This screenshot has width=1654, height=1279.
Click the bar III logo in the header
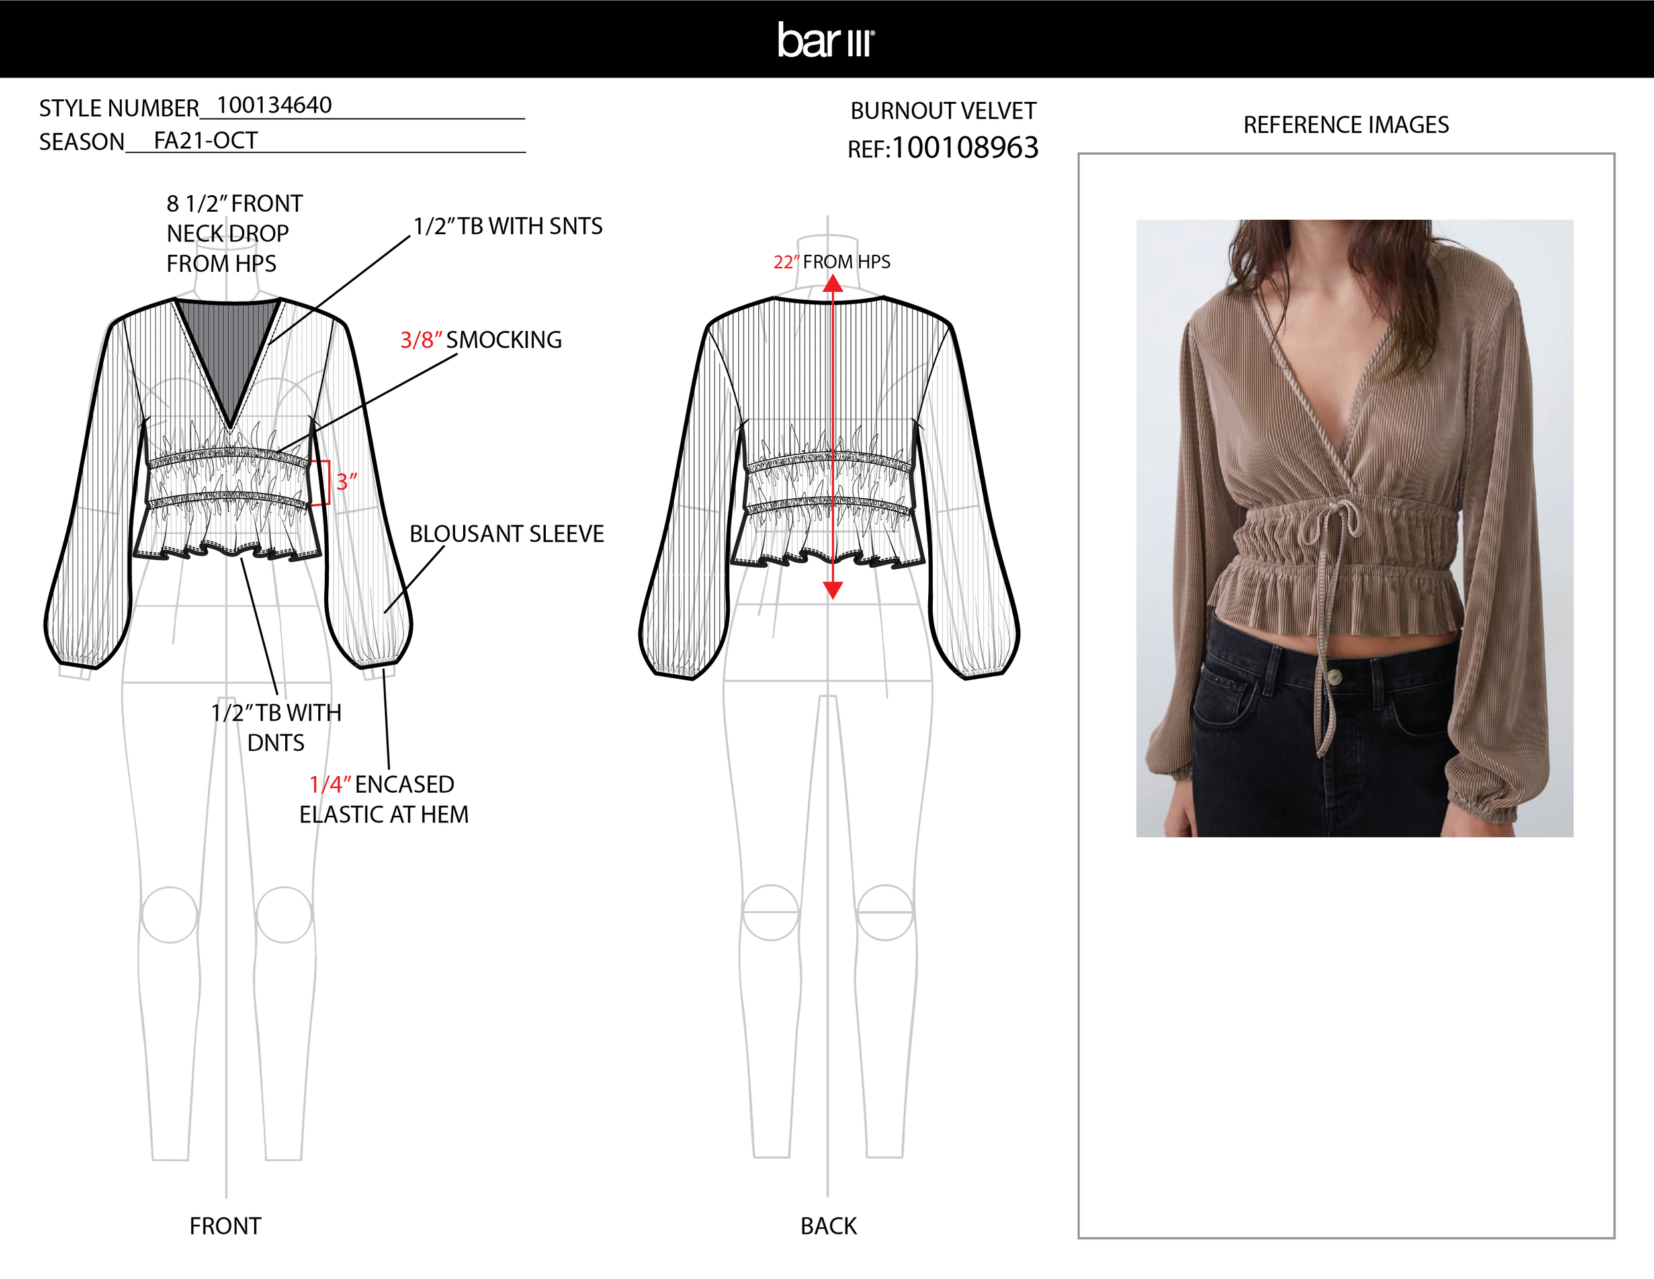tap(826, 40)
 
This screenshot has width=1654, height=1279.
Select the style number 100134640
tap(274, 105)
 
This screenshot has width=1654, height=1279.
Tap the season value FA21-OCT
tap(205, 141)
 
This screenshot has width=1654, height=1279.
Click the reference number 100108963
tap(965, 148)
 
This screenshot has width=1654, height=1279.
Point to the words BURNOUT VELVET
tap(943, 110)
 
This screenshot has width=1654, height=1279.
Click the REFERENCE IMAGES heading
tap(1346, 125)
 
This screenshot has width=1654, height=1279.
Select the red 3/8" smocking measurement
tap(420, 340)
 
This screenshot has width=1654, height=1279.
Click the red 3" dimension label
tap(346, 482)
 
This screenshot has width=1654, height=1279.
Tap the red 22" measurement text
tap(785, 262)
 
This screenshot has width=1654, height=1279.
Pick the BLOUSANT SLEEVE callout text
tap(507, 534)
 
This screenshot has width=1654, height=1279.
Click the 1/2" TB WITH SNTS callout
tap(507, 226)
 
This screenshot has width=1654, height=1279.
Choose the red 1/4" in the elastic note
tap(329, 785)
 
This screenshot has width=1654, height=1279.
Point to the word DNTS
tap(276, 743)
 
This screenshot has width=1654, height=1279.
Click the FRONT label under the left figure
tap(225, 1226)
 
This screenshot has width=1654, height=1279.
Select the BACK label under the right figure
tap(828, 1226)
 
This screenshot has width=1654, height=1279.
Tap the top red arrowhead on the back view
tap(833, 284)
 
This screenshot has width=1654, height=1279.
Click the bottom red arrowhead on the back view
tap(833, 590)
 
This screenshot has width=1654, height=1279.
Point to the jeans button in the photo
tap(1334, 676)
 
